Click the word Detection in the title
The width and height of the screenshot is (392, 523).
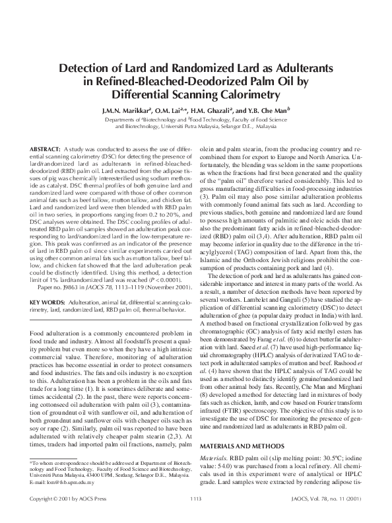coord(87,69)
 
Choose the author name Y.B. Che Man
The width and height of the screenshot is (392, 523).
coord(260,110)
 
